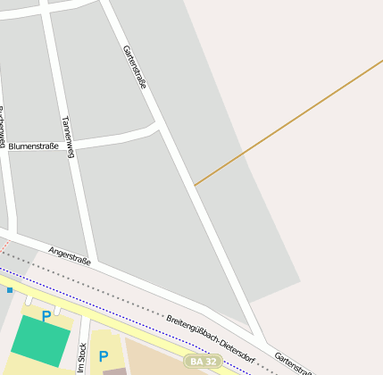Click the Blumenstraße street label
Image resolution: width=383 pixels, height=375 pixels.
click(x=34, y=146)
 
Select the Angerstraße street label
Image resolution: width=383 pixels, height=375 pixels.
click(x=70, y=256)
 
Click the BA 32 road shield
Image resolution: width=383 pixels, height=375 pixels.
click(x=202, y=362)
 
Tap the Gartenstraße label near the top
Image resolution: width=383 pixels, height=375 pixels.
click(x=134, y=66)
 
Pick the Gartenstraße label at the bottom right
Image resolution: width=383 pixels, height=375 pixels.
click(x=293, y=362)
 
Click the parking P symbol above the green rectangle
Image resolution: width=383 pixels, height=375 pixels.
click(x=46, y=315)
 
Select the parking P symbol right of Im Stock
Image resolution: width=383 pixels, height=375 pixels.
click(x=104, y=356)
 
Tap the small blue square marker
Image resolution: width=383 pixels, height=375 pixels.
click(x=10, y=289)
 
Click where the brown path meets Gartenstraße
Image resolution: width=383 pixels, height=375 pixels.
click(x=195, y=185)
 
